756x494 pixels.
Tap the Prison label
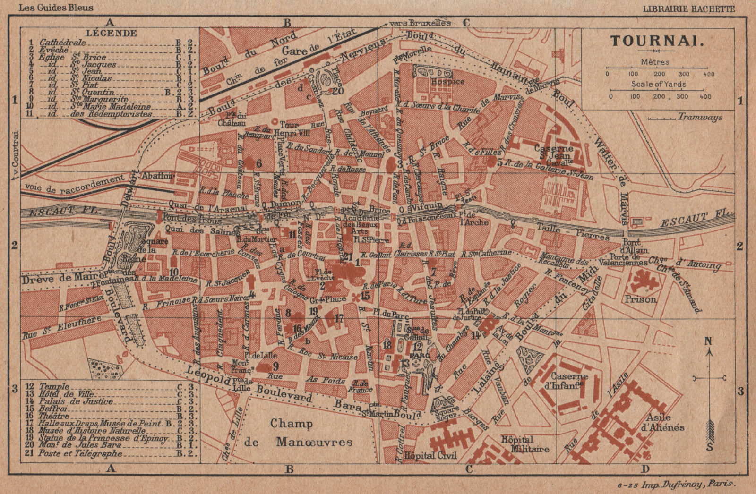641,299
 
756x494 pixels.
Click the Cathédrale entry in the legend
63,42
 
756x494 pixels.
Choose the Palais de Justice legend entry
76,401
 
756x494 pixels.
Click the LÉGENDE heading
112,33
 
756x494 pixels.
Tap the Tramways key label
700,117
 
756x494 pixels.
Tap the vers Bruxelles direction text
420,22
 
